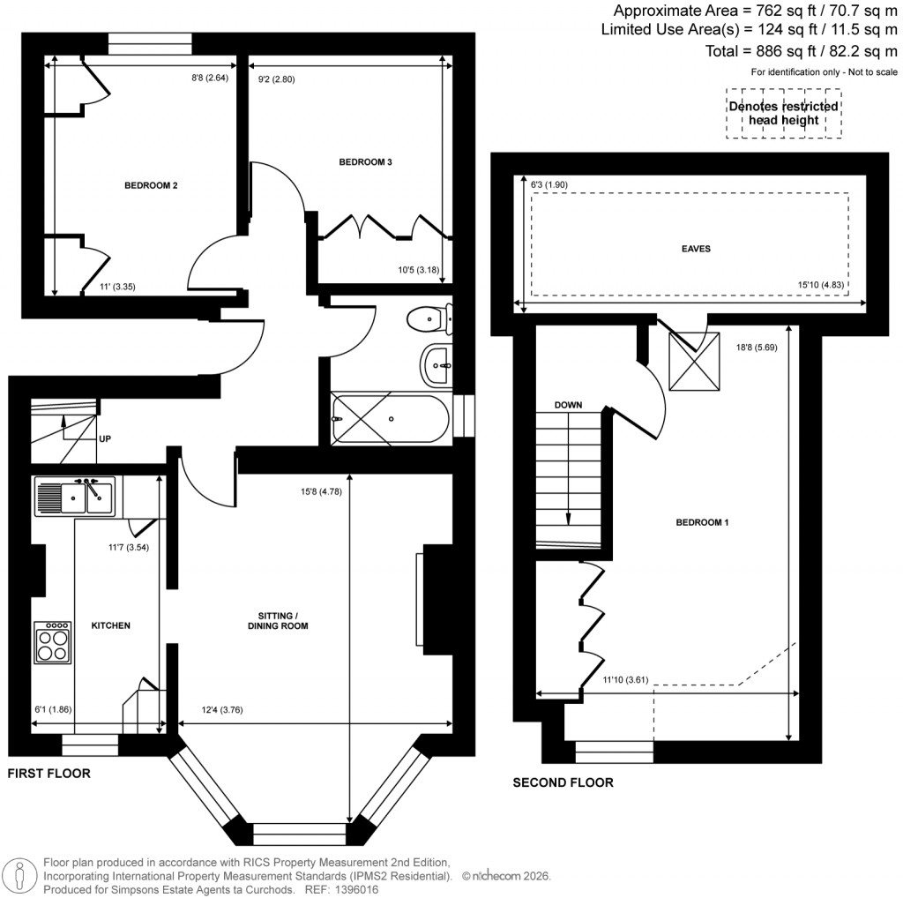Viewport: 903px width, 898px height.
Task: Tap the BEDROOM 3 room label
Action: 366,162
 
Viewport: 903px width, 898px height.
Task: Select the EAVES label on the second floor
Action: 696,249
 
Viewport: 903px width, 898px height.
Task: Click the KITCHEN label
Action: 111,625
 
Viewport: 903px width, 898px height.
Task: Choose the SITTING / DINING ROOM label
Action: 277,620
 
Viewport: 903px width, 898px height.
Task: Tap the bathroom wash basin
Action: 437,364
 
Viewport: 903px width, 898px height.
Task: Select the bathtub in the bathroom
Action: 392,418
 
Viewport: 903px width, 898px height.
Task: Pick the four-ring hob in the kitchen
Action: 53,642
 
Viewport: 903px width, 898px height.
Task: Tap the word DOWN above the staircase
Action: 568,405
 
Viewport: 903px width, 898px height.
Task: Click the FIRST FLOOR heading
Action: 49,773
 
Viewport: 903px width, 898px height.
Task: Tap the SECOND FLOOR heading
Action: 563,782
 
